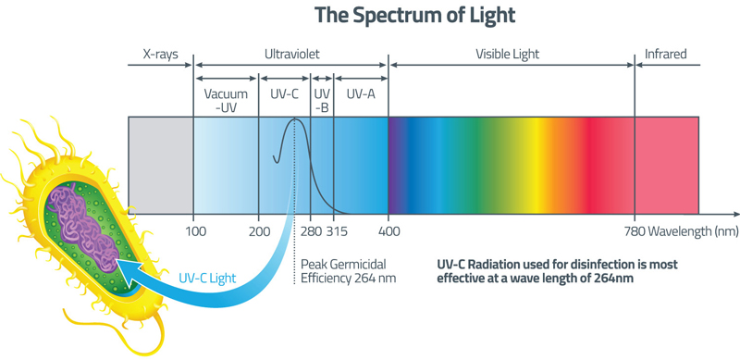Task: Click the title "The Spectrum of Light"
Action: coord(414,15)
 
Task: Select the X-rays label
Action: coord(160,55)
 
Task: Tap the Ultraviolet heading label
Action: coord(290,55)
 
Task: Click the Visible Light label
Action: coord(507,55)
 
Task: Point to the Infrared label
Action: coord(666,55)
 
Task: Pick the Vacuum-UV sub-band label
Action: coord(226,100)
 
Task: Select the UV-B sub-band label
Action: coord(322,100)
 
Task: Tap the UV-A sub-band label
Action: coord(360,94)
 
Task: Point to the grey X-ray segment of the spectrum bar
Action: coord(160,163)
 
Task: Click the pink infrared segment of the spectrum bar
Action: coord(666,163)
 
